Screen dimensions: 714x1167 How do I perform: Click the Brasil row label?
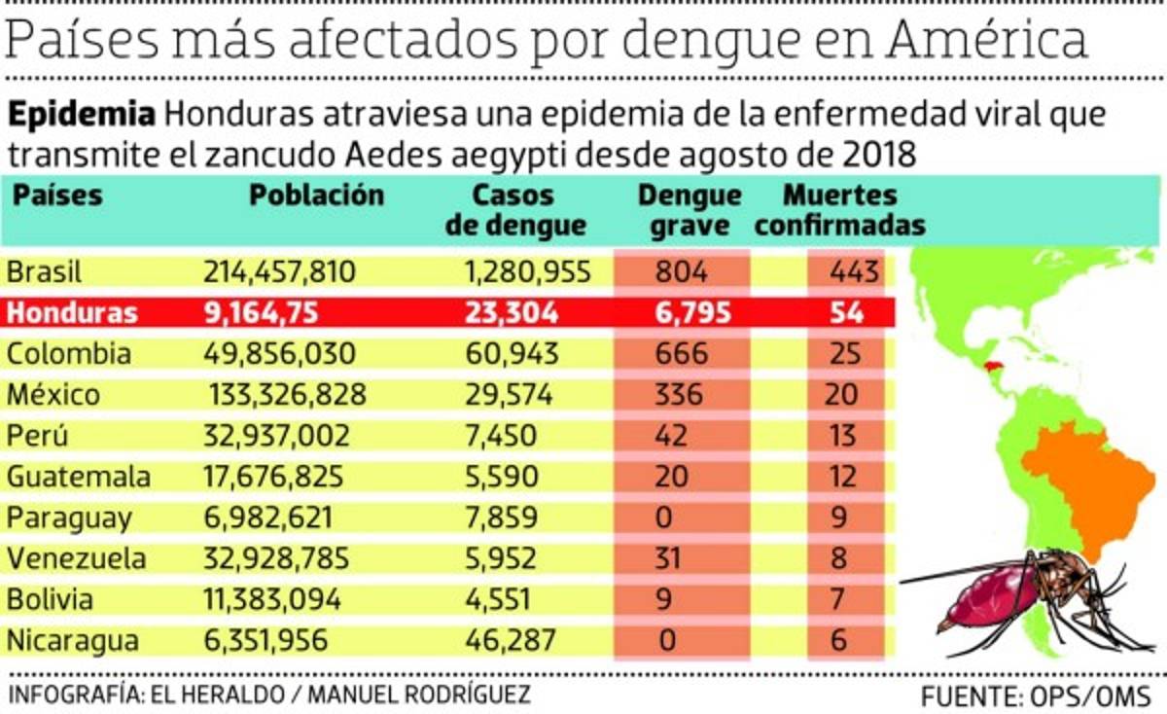pyautogui.click(x=44, y=271)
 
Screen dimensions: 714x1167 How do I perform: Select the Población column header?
pyautogui.click(x=317, y=196)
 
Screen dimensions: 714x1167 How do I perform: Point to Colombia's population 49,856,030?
pyautogui.click(x=279, y=353)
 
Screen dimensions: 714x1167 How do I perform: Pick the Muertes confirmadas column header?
pyautogui.click(x=840, y=210)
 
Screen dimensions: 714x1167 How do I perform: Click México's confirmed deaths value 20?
pyautogui.click(x=841, y=394)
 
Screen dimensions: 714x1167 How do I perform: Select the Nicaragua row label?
pyautogui.click(x=73, y=641)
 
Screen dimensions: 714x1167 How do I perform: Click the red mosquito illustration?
pyautogui.click(x=1011, y=593)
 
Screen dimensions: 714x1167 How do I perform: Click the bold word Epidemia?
pyautogui.click(x=83, y=115)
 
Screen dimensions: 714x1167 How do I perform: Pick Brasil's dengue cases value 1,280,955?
pyautogui.click(x=528, y=271)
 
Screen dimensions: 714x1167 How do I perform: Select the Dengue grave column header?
pyautogui.click(x=690, y=210)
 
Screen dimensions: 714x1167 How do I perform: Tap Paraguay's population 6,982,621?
pyautogui.click(x=268, y=518)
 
